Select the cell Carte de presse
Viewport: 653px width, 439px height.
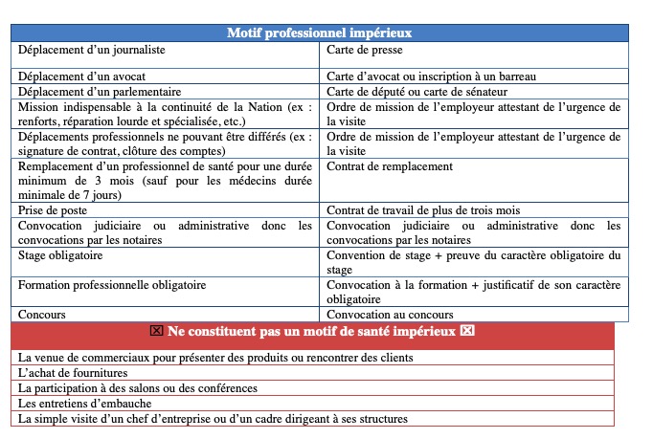coord(365,50)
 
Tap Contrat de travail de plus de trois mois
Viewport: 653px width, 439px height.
coord(436,209)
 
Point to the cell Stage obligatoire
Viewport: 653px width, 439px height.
coord(60,255)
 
